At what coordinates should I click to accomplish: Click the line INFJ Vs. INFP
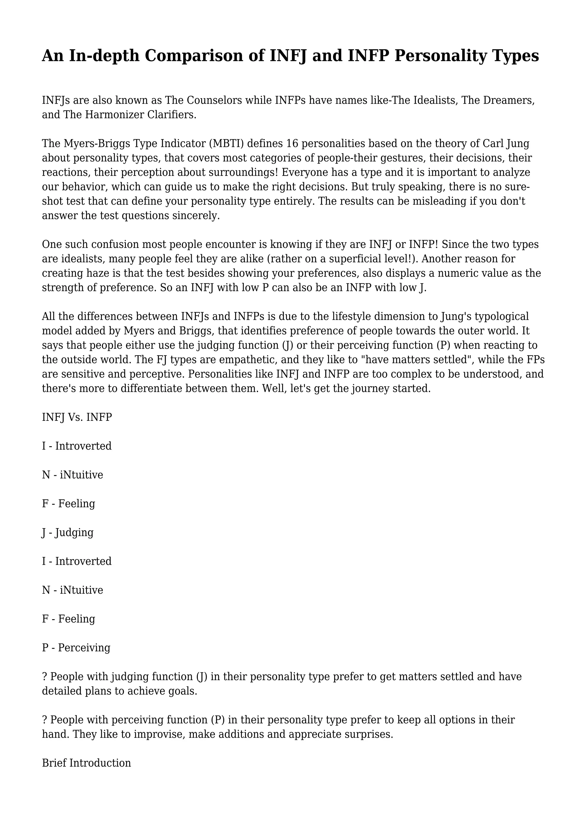[77, 417]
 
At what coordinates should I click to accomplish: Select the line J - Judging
[68, 532]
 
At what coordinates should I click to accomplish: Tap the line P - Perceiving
[76, 648]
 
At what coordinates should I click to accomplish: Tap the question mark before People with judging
[45, 676]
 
